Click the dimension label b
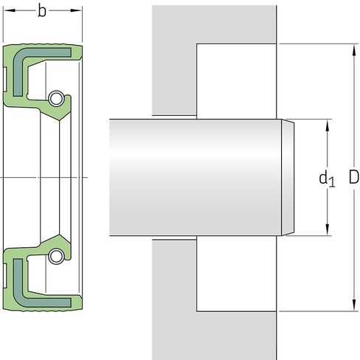tap(42, 11)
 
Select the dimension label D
tap(353, 177)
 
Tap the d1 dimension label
tap(327, 178)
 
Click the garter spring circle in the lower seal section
tap(55, 257)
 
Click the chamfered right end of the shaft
tap(288, 177)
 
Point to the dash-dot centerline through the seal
tap(44, 178)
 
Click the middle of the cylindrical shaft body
tap(195, 177)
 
